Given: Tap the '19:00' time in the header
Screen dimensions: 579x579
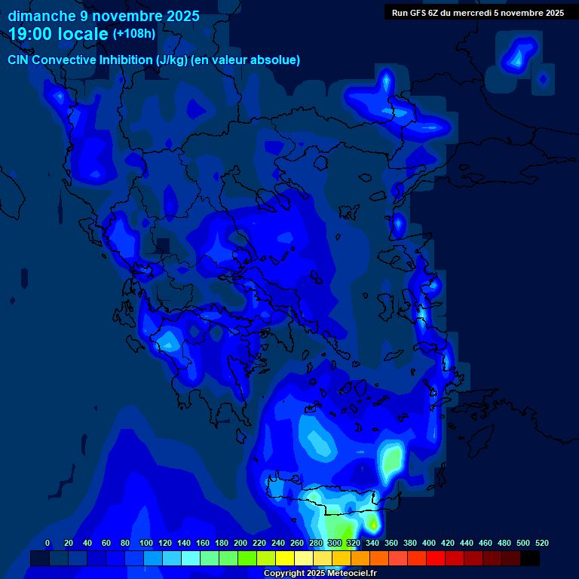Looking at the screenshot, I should pos(31,34).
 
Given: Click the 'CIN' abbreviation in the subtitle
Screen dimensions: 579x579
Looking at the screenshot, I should pos(19,60).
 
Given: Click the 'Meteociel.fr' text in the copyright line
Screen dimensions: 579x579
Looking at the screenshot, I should pos(349,574).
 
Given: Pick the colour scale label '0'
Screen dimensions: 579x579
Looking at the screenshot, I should pos(47,543).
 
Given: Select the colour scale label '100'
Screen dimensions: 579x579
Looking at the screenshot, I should pos(146,543).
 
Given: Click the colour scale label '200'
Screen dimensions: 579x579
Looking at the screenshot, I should pos(240,543).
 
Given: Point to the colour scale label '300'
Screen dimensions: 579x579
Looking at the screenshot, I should pos(335,543).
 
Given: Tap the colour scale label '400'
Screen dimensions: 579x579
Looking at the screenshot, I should pos(429,543).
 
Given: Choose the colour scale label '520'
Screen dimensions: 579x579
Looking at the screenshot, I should pos(542,543).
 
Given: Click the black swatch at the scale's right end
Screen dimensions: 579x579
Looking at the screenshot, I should pos(530,558).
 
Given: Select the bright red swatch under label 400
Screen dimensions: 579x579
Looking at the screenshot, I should pos(436,558).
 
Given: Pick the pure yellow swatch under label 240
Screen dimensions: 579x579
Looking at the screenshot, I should pos(285,558).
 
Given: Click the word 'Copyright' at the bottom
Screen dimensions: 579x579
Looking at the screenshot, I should pos(284,574).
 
